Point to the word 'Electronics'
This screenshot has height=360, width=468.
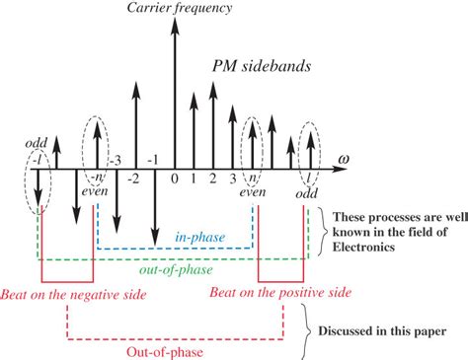pyautogui.click(x=368, y=251)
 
